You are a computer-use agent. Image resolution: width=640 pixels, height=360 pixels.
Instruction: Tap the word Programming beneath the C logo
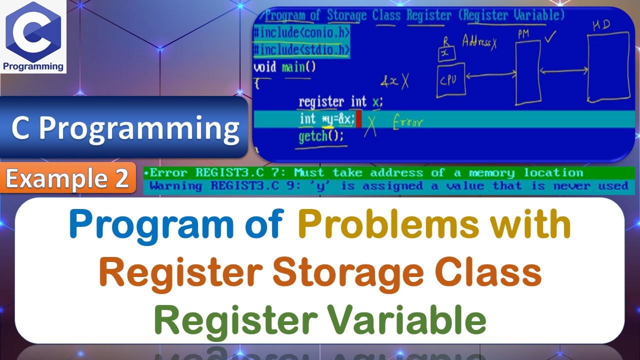point(33,66)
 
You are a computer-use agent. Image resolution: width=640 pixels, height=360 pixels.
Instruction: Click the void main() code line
point(284,67)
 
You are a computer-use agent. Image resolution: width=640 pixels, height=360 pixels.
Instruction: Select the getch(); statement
point(322,136)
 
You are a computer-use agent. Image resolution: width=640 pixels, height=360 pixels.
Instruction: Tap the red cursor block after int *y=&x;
point(358,119)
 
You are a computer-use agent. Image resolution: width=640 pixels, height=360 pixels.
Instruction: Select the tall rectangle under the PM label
point(527,72)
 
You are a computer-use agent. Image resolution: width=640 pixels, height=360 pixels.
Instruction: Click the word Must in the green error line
point(311,173)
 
